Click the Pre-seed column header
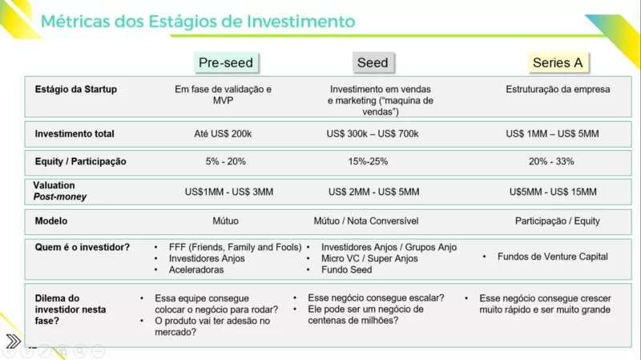(x=226, y=63)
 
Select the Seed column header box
(x=373, y=63)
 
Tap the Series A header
(x=558, y=63)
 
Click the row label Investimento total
(x=75, y=134)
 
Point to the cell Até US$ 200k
(x=223, y=134)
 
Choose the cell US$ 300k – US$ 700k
(x=373, y=134)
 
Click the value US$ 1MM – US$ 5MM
(x=552, y=134)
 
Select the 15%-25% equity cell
(x=368, y=162)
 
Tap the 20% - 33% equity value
(x=551, y=162)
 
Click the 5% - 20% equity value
(x=226, y=162)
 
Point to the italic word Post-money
(x=60, y=196)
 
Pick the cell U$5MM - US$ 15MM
(x=553, y=192)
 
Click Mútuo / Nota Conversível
(x=366, y=221)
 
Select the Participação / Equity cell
(x=558, y=221)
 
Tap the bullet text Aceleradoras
(x=196, y=270)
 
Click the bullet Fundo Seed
(x=347, y=270)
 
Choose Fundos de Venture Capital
(x=553, y=257)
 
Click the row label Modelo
(x=51, y=221)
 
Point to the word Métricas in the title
(x=75, y=22)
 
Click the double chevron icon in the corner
(x=13, y=341)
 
